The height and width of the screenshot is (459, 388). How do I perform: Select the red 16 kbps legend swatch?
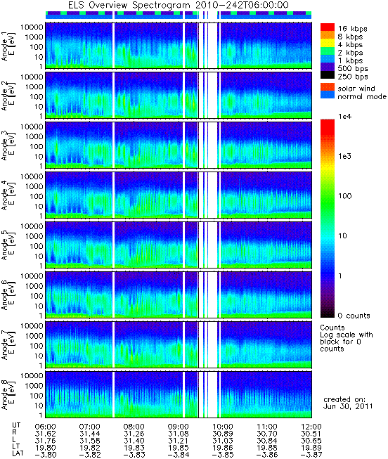pos(328,27)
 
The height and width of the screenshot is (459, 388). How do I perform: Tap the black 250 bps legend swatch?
pos(328,75)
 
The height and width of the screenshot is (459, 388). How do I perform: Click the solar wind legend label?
pos(356,89)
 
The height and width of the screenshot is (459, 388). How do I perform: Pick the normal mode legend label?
pos(362,96)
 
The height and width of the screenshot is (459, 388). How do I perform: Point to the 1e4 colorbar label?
pos(344,117)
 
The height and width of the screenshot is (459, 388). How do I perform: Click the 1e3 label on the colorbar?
pos(344,156)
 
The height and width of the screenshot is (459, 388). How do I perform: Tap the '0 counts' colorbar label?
pos(354,316)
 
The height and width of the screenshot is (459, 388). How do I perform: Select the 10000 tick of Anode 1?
pos(32,27)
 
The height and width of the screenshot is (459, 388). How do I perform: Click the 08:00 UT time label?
pos(134,427)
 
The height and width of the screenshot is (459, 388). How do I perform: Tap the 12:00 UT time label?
pos(311,427)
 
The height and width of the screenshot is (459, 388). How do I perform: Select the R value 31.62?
pos(46,434)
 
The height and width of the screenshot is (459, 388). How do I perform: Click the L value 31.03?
pos(223,441)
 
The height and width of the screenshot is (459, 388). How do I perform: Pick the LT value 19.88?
pos(267,448)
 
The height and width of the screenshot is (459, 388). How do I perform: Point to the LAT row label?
pos(18,454)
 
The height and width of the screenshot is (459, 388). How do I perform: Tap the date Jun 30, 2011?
pos(348,406)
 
